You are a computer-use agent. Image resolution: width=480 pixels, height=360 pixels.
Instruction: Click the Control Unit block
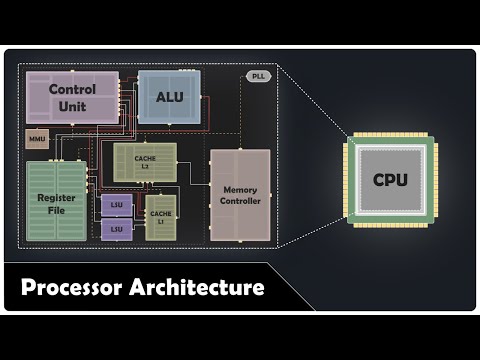click(x=71, y=97)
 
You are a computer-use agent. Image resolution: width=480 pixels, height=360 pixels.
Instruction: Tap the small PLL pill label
click(x=257, y=77)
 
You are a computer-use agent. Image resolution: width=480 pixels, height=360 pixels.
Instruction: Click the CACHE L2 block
click(x=145, y=162)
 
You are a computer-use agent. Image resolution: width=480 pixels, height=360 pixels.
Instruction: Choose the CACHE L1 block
click(x=161, y=213)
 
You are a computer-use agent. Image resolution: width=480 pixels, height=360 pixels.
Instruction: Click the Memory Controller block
click(x=240, y=195)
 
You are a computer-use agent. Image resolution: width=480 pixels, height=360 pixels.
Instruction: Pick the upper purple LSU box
click(x=116, y=206)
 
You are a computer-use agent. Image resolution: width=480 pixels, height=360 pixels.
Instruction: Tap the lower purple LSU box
click(x=116, y=229)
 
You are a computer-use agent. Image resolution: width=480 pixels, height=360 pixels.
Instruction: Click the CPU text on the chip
click(x=391, y=181)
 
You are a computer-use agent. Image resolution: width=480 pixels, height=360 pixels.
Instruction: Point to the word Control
click(x=71, y=89)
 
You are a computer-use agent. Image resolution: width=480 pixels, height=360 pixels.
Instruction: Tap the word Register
click(x=57, y=198)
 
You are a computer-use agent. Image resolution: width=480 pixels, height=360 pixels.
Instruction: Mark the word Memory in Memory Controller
click(x=240, y=189)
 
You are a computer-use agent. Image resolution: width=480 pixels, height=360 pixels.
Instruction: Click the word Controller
click(x=240, y=202)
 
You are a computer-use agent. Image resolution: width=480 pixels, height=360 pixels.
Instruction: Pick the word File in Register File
click(x=57, y=211)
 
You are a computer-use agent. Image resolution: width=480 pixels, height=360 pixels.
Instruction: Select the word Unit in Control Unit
click(x=71, y=106)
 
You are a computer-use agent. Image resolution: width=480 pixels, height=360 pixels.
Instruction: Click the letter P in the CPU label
click(x=391, y=181)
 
